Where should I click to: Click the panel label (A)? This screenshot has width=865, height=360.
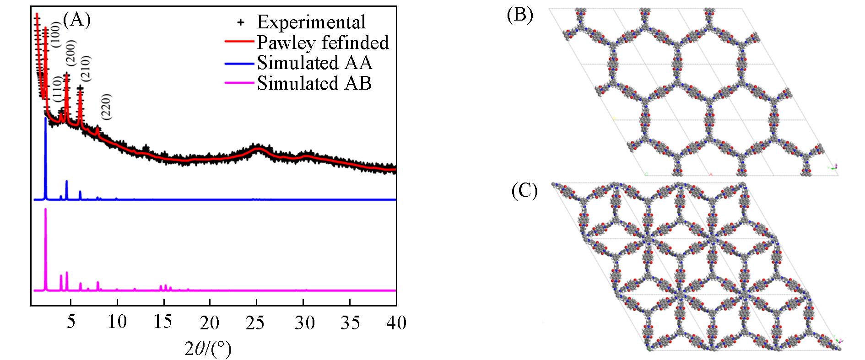(x=77, y=20)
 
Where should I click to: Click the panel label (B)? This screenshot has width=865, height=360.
(x=520, y=15)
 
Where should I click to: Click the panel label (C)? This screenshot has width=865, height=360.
(x=524, y=191)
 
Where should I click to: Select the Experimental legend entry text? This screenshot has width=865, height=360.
(x=311, y=22)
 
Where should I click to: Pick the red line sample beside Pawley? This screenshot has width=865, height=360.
(x=239, y=42)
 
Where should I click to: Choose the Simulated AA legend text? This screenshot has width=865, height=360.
(x=314, y=63)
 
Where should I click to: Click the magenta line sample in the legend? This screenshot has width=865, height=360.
(x=239, y=83)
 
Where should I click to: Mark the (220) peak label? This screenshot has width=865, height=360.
(x=106, y=107)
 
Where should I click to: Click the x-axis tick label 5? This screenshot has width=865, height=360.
(x=70, y=322)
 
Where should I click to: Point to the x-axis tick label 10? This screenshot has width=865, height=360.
(x=117, y=322)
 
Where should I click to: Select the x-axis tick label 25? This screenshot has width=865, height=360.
(x=256, y=322)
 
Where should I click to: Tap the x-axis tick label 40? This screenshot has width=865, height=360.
(x=396, y=322)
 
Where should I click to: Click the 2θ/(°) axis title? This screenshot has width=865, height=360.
(x=208, y=350)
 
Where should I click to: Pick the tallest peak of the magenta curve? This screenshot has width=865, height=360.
(x=45, y=210)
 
